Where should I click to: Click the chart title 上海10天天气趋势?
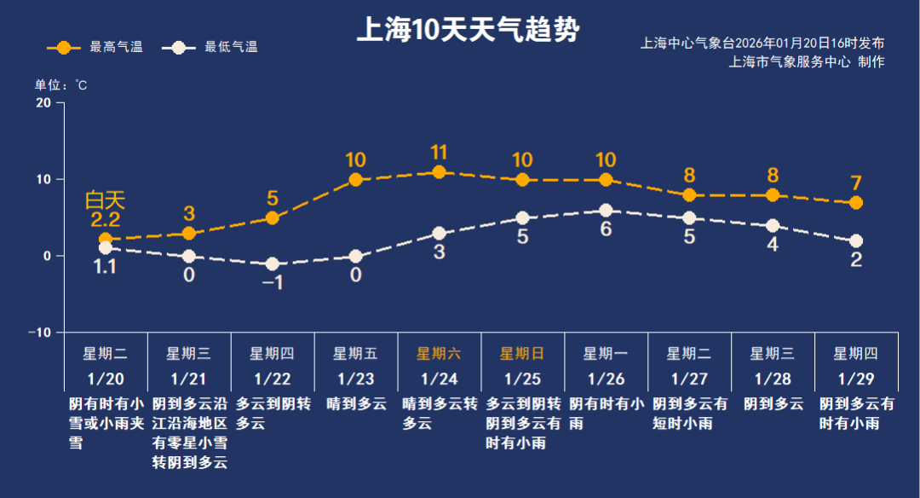point(467,32)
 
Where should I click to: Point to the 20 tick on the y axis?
point(43,102)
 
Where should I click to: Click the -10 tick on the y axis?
point(40,332)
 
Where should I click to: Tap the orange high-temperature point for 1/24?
point(439,172)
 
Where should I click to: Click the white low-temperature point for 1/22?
point(273,264)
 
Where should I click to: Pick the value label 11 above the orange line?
point(439,153)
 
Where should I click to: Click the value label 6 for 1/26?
point(606,229)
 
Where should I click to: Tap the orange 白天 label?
point(105,201)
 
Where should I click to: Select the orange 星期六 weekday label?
point(439,353)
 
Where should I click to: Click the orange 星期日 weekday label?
point(522,353)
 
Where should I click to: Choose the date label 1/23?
point(355,378)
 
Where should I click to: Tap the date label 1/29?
point(856,378)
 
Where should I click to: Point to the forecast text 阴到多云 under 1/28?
point(773,403)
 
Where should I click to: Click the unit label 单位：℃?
point(60,85)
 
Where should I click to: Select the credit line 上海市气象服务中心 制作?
point(807,61)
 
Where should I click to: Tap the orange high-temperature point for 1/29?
point(856,203)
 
